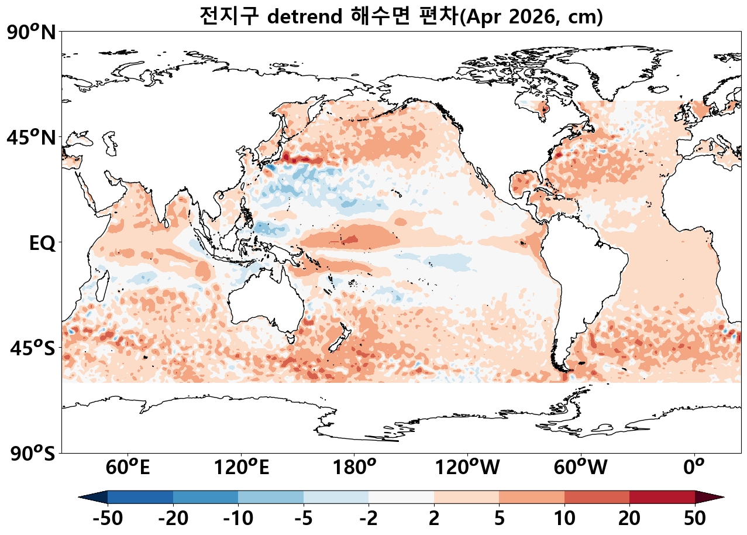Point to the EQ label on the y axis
[42, 244]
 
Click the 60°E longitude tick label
[128, 468]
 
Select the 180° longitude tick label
[354, 468]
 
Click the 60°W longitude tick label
[580, 468]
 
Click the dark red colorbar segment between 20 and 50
[662, 497]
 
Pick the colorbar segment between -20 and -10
[205, 497]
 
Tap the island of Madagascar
[102, 280]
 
